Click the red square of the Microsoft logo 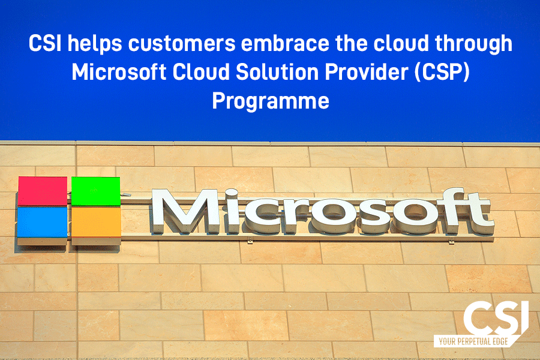pyautogui.click(x=43, y=191)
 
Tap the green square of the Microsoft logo pyautogui.click(x=96, y=191)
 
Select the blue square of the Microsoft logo pyautogui.click(x=42, y=222)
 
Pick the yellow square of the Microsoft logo pyautogui.click(x=96, y=222)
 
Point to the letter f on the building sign pyautogui.click(x=449, y=210)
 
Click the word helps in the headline pyautogui.click(x=95, y=44)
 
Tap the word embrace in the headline pyautogui.click(x=286, y=43)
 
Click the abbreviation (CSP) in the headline pyautogui.click(x=442, y=73)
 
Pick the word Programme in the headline pyautogui.click(x=271, y=101)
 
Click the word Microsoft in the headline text pyautogui.click(x=119, y=72)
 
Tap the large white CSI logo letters pyautogui.click(x=496, y=317)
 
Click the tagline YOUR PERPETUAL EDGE pyautogui.click(x=473, y=342)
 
